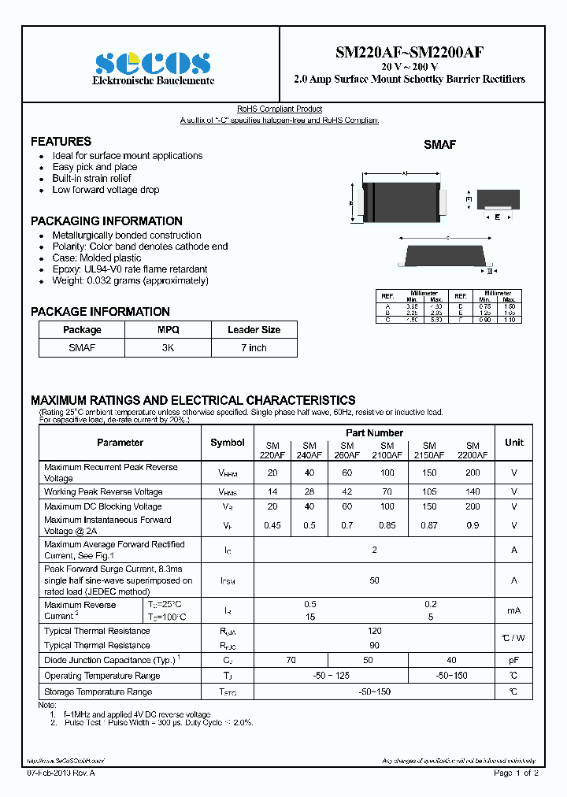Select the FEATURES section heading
(x=61, y=142)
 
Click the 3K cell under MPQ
(x=168, y=347)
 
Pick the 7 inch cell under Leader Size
(x=254, y=347)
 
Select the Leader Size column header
(x=254, y=330)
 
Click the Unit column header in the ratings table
(x=514, y=443)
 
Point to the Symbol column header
(x=228, y=443)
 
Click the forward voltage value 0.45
(x=272, y=525)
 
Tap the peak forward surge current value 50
(x=374, y=580)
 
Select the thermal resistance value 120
(x=374, y=631)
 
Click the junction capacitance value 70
(x=291, y=661)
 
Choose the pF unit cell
(x=514, y=661)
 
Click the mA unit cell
(x=514, y=610)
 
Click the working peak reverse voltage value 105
(x=429, y=491)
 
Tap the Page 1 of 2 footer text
(x=516, y=773)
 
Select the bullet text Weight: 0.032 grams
(x=130, y=280)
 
